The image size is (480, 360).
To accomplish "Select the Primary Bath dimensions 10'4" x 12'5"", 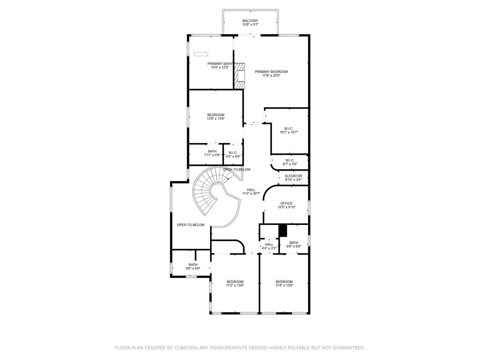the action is tap(220, 67).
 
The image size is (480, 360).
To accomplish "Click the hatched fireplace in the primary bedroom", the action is tap(240, 76).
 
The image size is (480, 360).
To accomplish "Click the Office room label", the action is tap(286, 203).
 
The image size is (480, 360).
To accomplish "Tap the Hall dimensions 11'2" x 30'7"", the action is tap(251, 194).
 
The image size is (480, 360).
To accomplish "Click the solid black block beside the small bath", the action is tap(283, 231).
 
